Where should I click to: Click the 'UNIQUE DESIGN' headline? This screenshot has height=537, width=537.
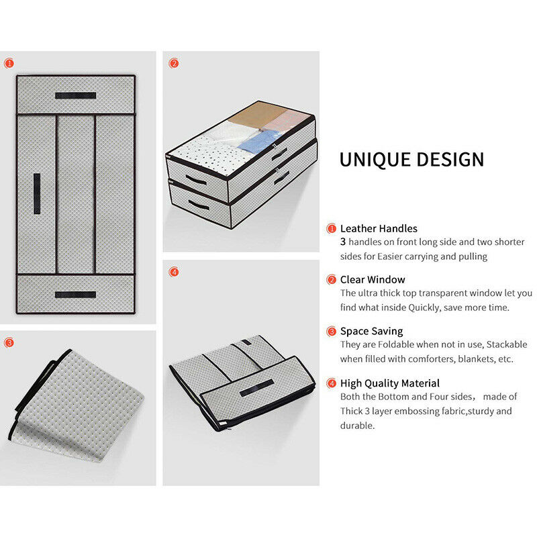pos(411,160)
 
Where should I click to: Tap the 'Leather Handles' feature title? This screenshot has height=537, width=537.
pos(379,228)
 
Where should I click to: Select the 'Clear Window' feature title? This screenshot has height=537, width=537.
pos(373,279)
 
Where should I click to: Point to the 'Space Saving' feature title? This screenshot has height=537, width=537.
pos(372,331)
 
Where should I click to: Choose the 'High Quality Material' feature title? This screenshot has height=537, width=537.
pos(390,383)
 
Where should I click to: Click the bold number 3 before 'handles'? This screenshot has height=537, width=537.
pos(343,242)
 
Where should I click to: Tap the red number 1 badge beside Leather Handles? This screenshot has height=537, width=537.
pos(331,228)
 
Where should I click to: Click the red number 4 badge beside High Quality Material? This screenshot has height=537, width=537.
pos(331,383)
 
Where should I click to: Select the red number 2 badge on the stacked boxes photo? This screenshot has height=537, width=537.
pos(174,63)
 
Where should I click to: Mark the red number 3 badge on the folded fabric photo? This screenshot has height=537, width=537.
pos(9,342)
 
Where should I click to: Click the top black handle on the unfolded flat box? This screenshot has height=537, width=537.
pos(76,95)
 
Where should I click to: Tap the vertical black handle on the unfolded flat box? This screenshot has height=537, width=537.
pos(37,194)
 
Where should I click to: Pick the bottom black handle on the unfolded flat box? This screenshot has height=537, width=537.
pos(76,295)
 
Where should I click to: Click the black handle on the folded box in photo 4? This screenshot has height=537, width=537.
pos(257,388)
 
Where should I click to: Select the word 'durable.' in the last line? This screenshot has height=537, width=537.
pos(357,426)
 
